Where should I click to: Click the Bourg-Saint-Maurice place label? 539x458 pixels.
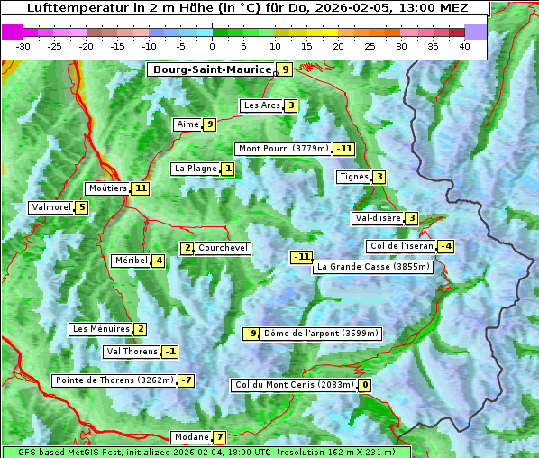coord(212,69)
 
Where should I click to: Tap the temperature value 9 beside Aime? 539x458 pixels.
coord(209,124)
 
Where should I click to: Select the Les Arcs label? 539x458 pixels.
coord(262,105)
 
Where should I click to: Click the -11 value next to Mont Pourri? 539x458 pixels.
coord(343,149)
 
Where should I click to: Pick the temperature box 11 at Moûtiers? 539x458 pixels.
coord(140,188)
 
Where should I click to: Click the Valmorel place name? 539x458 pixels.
coord(50,207)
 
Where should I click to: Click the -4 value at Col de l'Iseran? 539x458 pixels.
coord(445,246)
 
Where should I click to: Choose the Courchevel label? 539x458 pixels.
coord(223,248)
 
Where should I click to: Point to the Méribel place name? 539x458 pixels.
coord(131,261)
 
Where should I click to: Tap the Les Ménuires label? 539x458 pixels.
coord(101,329)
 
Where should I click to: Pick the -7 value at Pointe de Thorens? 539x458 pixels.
coord(186,380)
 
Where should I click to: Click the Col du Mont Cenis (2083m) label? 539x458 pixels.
coord(294,385)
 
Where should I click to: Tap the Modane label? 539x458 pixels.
coord(191,437)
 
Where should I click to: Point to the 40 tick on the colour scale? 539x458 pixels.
coord(464,46)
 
